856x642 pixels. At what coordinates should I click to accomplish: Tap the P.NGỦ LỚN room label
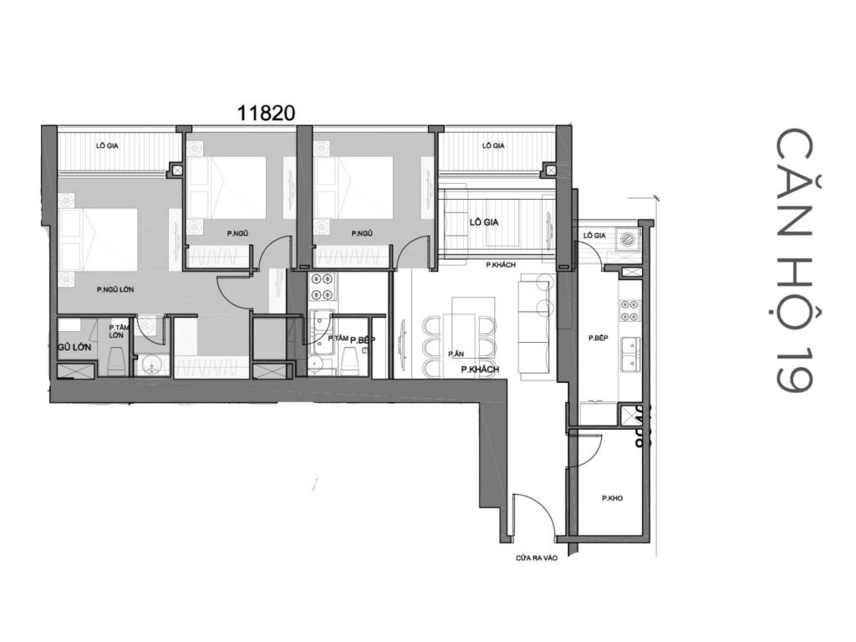pyautogui.click(x=115, y=290)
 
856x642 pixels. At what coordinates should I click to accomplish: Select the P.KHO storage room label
pyautogui.click(x=611, y=499)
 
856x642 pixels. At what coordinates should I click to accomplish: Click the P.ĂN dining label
pyautogui.click(x=456, y=354)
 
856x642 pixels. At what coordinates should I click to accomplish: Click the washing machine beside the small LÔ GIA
pyautogui.click(x=627, y=238)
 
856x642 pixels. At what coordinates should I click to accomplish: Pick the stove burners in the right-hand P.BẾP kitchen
pyautogui.click(x=629, y=312)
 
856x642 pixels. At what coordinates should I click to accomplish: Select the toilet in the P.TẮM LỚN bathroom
pyautogui.click(x=116, y=362)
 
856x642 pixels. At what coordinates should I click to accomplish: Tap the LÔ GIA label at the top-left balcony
pyautogui.click(x=106, y=145)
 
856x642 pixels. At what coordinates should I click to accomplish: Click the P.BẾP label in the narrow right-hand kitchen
pyautogui.click(x=596, y=339)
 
